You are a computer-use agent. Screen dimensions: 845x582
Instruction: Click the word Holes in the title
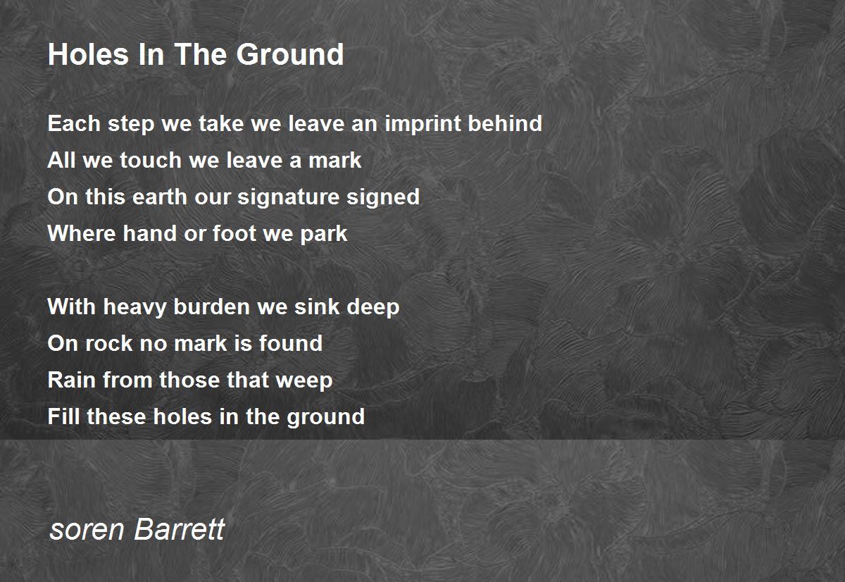(x=89, y=54)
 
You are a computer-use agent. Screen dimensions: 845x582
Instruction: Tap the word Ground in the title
(x=290, y=54)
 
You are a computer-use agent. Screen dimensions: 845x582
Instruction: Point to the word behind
(x=505, y=123)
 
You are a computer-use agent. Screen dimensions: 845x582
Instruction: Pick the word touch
(x=151, y=160)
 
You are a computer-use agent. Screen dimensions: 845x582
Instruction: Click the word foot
(x=234, y=233)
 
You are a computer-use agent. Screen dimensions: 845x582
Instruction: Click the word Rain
(x=72, y=380)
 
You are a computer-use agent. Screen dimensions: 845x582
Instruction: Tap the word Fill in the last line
(x=64, y=416)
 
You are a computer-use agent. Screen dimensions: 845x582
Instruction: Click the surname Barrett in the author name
(x=180, y=529)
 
